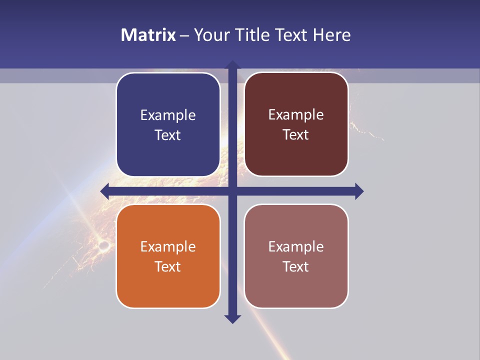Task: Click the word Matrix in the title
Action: [x=148, y=35]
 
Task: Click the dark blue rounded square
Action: [x=168, y=124]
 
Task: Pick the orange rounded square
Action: [x=168, y=256]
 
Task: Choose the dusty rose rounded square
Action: [x=296, y=256]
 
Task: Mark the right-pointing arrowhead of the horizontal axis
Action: [x=359, y=191]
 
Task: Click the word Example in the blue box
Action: [x=168, y=115]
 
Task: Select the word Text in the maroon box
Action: [x=296, y=135]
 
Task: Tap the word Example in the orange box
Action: [x=168, y=247]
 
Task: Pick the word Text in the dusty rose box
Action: [x=296, y=267]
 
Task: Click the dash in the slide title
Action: [x=184, y=35]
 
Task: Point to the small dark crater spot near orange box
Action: [x=104, y=245]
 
